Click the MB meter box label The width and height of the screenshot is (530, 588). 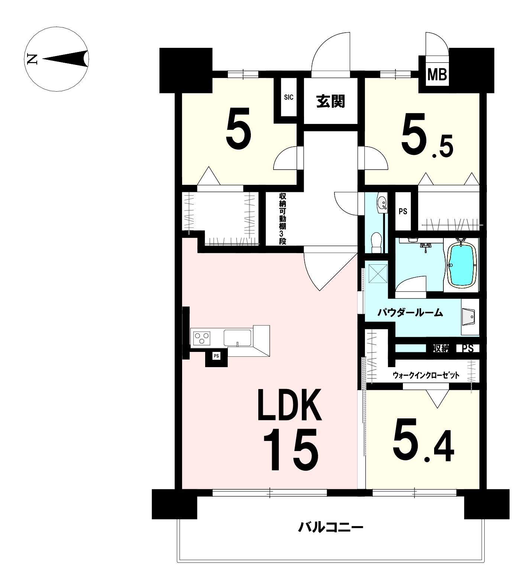437,75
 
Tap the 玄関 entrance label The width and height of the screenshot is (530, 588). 331,101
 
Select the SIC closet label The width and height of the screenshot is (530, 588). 289,97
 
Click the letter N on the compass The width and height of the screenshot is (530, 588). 32,59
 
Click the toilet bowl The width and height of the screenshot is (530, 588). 377,242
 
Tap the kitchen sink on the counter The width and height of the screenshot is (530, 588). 238,338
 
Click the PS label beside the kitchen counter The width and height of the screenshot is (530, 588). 216,356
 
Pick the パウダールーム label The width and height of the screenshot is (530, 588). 410,313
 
